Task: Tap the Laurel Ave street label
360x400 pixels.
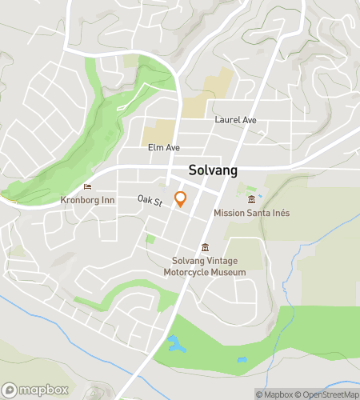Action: click(x=235, y=120)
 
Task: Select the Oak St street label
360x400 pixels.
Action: click(x=149, y=200)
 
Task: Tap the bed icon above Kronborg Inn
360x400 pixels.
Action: click(x=98, y=187)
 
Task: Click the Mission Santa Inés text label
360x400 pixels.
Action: click(x=251, y=213)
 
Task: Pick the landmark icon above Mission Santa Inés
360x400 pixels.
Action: click(x=251, y=199)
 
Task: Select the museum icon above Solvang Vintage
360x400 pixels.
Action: click(x=205, y=246)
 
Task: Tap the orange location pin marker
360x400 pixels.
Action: click(x=181, y=198)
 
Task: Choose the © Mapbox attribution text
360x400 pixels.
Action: click(x=274, y=394)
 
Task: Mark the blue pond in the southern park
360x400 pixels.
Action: click(x=174, y=345)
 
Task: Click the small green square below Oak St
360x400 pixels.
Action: click(x=150, y=238)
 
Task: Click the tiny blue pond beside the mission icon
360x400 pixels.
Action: click(x=261, y=194)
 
